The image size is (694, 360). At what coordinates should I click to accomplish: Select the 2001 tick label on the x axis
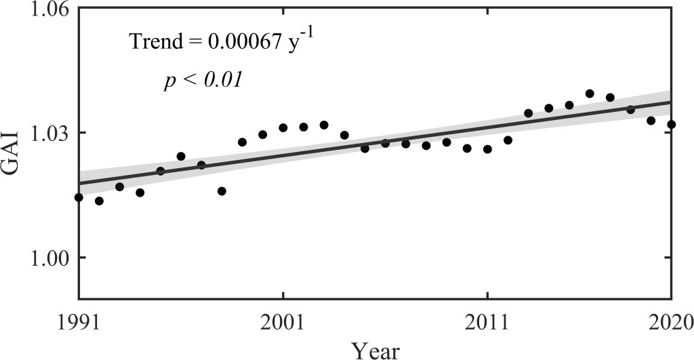(x=283, y=320)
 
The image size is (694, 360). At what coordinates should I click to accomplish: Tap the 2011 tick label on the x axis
(x=487, y=320)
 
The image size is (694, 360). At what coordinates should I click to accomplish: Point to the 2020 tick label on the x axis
(x=672, y=320)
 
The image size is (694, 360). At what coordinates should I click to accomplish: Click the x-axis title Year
(x=375, y=349)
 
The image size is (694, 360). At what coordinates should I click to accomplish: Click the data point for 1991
(x=79, y=197)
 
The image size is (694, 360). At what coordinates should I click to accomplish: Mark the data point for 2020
(x=671, y=124)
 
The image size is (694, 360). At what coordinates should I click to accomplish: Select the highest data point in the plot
(x=590, y=94)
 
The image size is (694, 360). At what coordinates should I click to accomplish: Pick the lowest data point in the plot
(x=99, y=201)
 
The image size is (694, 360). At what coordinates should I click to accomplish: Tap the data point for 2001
(x=283, y=127)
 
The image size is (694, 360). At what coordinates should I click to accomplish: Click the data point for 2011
(x=487, y=148)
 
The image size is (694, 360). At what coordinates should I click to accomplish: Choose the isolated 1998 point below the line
(x=222, y=191)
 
